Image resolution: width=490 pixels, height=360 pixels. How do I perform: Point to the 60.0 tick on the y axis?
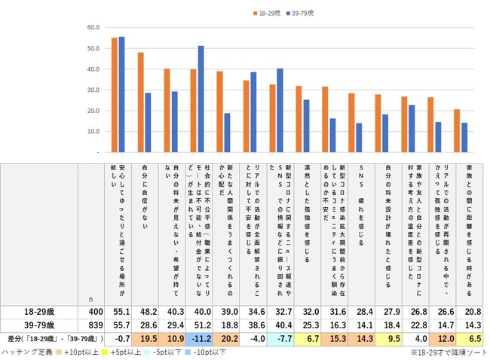coord(94,28)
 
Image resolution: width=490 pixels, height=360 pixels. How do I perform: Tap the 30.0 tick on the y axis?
coord(94,90)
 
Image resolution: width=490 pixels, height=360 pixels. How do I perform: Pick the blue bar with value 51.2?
coord(201,99)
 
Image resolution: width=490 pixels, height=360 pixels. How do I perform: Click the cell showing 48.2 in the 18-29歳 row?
coord(145,310)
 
